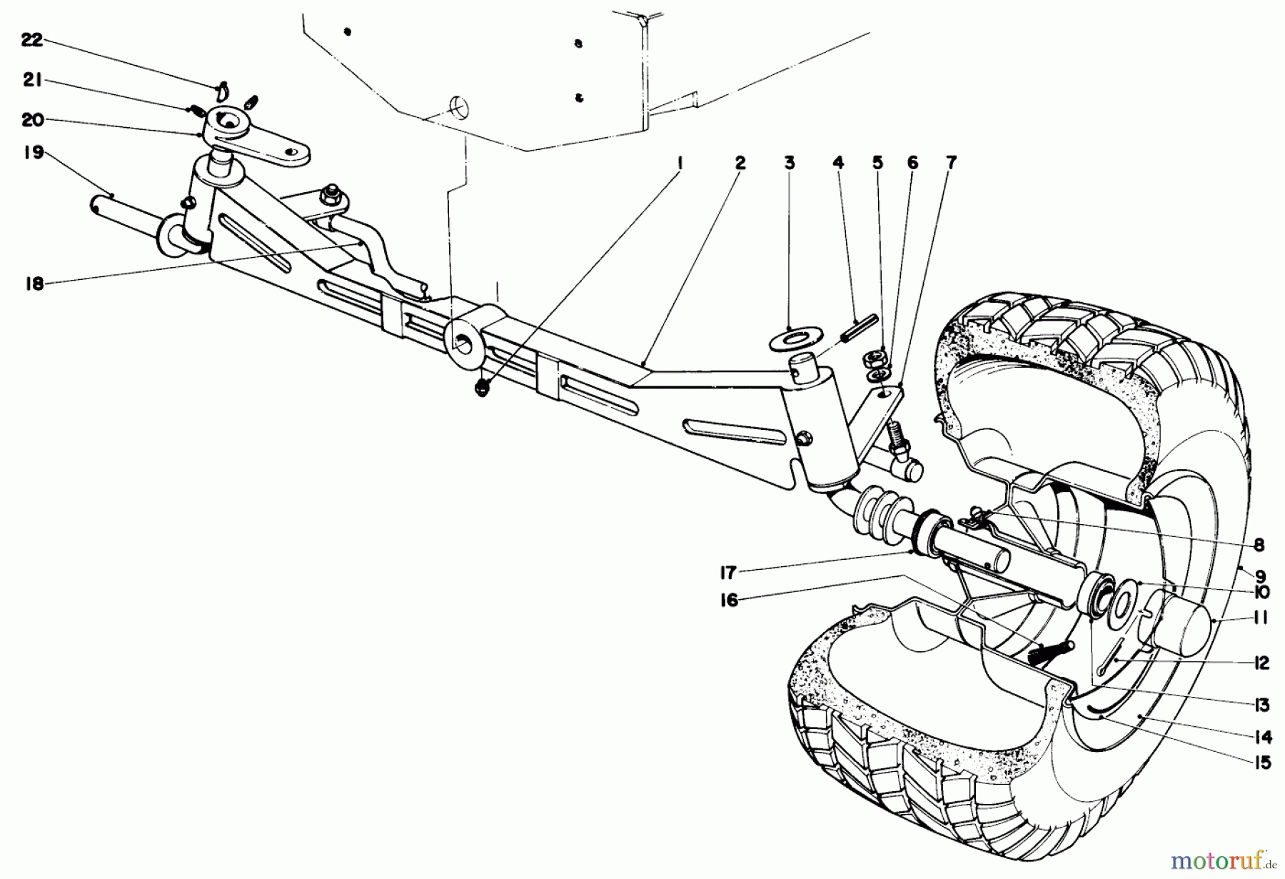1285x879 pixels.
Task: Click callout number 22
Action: coord(31,40)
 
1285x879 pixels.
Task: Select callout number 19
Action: coord(33,152)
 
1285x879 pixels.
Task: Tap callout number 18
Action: coord(34,284)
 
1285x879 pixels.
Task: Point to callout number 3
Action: coord(789,164)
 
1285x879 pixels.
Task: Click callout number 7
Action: coord(951,164)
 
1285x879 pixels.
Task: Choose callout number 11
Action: coord(1261,618)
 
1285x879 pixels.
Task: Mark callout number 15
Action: coord(1262,763)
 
